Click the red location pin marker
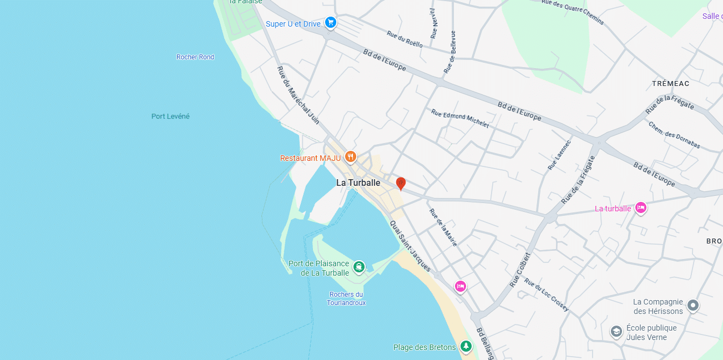coord(401,184)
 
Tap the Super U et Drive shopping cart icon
coord(331,23)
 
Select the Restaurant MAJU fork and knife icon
coord(350,158)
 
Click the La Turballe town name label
coord(358,182)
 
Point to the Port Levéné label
coord(170,116)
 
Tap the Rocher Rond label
coord(195,57)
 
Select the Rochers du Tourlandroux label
coord(346,298)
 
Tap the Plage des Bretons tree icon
coord(467,347)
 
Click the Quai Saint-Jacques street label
coord(410,246)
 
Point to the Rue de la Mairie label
coord(443,227)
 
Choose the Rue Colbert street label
coord(520,270)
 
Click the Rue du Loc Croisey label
coord(547,295)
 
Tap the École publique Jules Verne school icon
coord(616,332)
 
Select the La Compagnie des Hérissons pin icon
coord(692,305)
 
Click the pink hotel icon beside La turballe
coord(641,208)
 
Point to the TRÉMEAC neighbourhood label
coord(670,83)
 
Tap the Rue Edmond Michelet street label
coord(460,119)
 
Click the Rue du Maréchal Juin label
coord(298,95)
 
